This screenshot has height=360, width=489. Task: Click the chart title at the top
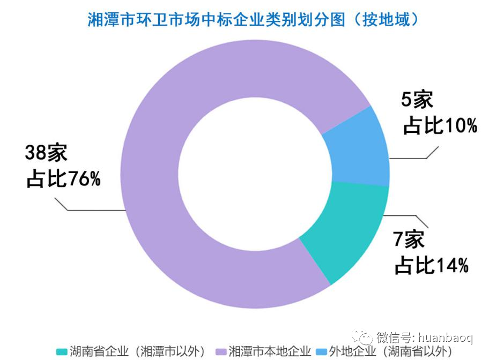click(x=253, y=19)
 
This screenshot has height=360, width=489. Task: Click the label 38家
click(x=46, y=153)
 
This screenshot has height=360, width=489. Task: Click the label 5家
click(x=417, y=100)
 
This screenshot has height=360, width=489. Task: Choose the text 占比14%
click(x=432, y=265)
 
